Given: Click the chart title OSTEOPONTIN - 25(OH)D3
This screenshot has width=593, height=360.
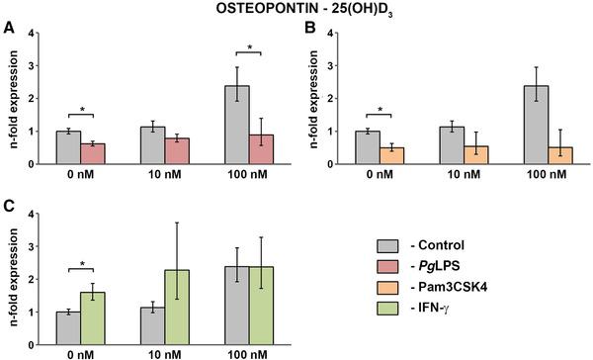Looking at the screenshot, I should (296, 11).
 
